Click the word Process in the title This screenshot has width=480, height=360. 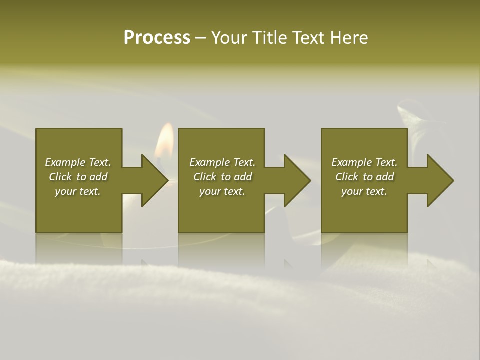[157, 38]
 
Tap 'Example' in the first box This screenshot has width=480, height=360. [65, 162]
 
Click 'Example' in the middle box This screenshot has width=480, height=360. [209, 162]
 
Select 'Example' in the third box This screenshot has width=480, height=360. [351, 162]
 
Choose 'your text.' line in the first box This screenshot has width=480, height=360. [78, 191]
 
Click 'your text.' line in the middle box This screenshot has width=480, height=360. [222, 191]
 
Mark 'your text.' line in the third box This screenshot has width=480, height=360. [364, 191]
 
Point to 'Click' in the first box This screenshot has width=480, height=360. [60, 177]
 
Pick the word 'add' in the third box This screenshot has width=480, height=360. [385, 177]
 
